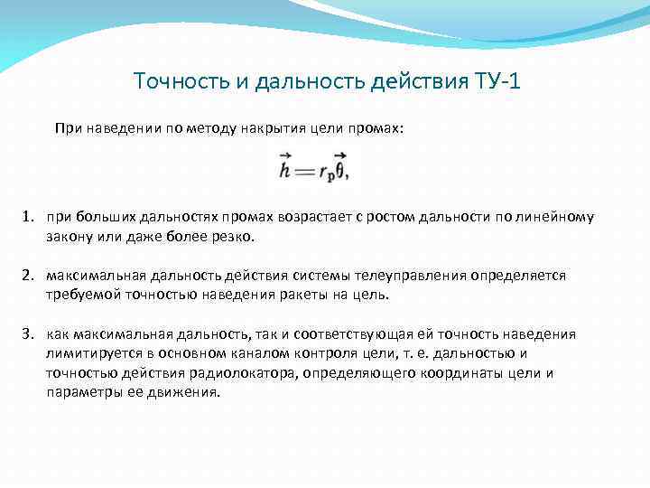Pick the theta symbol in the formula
tap(339, 169)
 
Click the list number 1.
tap(28, 217)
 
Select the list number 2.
tap(28, 276)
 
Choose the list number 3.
tap(28, 334)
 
